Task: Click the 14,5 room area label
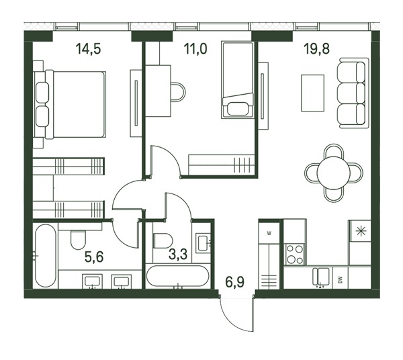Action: click(x=88, y=49)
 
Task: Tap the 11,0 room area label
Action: click(x=195, y=49)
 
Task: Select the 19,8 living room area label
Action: click(x=316, y=49)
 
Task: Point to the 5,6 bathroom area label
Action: click(x=94, y=257)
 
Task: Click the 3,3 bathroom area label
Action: click(x=178, y=254)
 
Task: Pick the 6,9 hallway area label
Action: click(x=235, y=282)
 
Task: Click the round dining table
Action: click(x=334, y=173)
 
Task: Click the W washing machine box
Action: click(x=269, y=234)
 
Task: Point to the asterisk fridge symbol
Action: click(x=360, y=231)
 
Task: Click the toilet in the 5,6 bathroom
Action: click(x=78, y=240)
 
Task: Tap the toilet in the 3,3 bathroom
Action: click(x=163, y=240)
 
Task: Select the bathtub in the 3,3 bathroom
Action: click(x=177, y=276)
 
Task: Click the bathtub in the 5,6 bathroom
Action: click(x=46, y=256)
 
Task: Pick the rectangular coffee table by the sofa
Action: click(x=312, y=93)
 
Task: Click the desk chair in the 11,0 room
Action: click(x=179, y=92)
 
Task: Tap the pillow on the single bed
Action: click(x=238, y=109)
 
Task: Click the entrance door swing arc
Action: click(x=233, y=318)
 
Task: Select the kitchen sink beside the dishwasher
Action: click(x=321, y=277)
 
